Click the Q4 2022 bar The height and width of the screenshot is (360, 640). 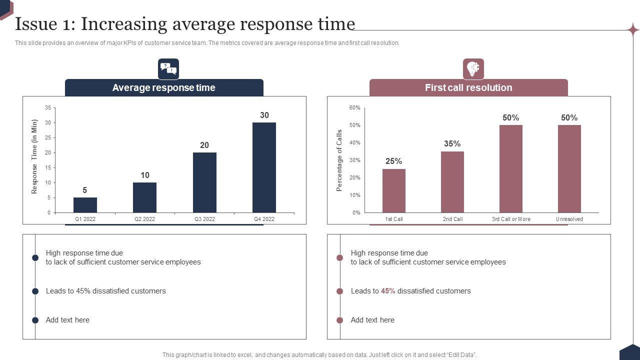pos(264,167)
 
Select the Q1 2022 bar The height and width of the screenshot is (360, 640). pos(85,205)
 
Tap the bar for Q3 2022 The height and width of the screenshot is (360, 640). pos(204,182)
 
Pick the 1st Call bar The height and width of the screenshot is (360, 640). pos(394,190)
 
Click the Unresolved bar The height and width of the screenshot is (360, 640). pos(569,168)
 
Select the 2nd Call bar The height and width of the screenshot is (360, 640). pos(452,182)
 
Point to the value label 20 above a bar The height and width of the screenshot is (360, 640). pos(204,145)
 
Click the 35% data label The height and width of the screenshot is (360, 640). pos(452,143)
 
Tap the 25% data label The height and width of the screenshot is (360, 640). pos(393,161)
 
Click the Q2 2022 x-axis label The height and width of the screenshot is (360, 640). pos(144,219)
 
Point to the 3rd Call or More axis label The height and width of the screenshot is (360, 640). pos(511,219)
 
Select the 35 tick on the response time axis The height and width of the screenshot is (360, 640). pos(48,107)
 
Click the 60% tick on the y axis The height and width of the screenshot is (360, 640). pos(354,107)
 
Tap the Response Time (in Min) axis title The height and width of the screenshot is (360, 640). pos(34,156)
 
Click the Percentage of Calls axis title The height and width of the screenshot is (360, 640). pos(339,160)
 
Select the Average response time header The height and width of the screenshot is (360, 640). pos(164,87)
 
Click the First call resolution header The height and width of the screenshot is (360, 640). pos(468,87)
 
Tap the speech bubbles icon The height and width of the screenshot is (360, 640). pos(168,69)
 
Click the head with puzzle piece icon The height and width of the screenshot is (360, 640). pos(473,69)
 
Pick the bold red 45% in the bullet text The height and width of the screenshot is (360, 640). pos(388,291)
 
